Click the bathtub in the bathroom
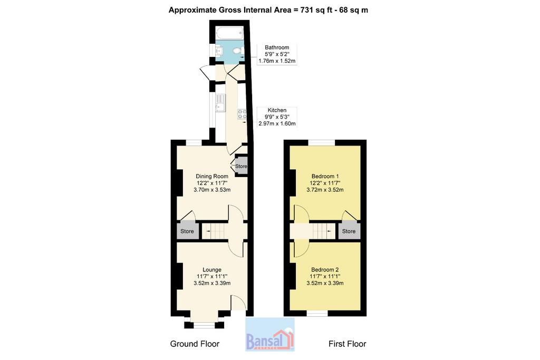click(230, 33)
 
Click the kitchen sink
click(220, 102)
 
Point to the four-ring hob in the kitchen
click(242, 114)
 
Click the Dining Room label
click(212, 176)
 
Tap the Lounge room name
click(212, 269)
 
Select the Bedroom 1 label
click(325, 176)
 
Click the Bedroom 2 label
click(325, 269)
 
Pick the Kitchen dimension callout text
click(277, 116)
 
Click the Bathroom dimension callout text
click(277, 54)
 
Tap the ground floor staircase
click(214, 231)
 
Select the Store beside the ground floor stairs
click(187, 231)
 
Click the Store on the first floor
click(349, 231)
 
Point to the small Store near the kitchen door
click(241, 166)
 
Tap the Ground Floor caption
click(195, 344)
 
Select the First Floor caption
click(347, 344)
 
